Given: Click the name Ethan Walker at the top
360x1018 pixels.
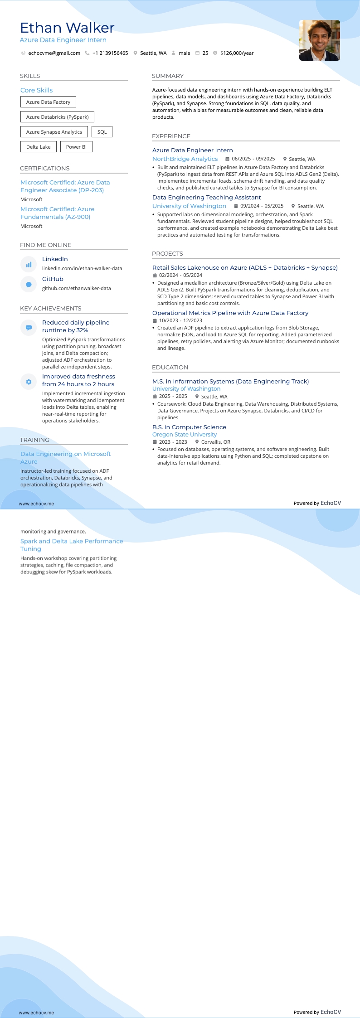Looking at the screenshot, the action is [67, 28].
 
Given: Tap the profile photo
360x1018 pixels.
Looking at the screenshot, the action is [319, 40].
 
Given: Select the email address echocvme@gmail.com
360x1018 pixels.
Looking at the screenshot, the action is [54, 53].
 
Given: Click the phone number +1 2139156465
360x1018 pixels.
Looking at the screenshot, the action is [110, 53].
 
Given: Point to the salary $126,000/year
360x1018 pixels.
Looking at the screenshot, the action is [237, 53].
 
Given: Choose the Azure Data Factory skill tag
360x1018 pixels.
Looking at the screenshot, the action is [48, 102].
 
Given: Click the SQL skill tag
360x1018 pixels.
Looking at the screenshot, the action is [102, 132].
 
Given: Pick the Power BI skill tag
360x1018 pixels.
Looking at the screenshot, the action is [76, 147].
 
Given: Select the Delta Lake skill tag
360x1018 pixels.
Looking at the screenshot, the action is [39, 147].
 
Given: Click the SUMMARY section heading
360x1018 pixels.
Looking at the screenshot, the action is [168, 76].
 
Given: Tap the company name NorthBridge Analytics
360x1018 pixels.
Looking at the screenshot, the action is [185, 159].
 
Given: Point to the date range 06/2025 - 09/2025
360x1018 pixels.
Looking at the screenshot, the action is [253, 159].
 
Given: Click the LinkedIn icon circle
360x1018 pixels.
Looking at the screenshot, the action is [29, 264].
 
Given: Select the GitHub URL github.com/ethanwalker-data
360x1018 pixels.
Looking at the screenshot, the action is [76, 288].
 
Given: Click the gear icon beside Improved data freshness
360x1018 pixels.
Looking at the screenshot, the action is [29, 382].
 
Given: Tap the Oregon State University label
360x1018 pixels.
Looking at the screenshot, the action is [185, 435].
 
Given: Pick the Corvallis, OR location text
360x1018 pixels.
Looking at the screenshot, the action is [216, 442].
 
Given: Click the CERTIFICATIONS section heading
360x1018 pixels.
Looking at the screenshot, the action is [45, 168].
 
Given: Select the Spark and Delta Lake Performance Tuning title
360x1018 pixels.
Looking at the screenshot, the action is [72, 545].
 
